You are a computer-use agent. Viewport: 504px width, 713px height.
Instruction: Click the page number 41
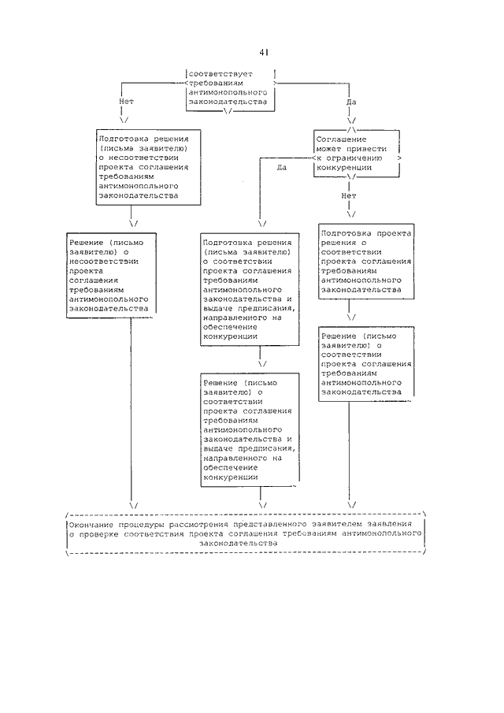coord(264,52)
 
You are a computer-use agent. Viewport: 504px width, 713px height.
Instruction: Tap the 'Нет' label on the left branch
coord(126,102)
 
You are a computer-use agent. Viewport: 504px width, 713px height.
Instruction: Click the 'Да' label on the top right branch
coord(351,102)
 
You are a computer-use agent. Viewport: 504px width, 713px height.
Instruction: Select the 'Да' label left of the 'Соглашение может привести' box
coord(282,167)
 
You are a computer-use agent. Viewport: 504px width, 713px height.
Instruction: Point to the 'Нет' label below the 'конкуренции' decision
coord(349,195)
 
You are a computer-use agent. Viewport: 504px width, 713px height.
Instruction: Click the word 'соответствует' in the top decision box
coord(220,74)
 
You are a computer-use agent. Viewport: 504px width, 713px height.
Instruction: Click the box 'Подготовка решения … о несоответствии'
coord(148,167)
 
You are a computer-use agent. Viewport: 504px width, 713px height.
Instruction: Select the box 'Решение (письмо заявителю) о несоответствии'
coord(111,275)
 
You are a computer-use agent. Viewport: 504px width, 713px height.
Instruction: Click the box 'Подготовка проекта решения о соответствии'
coord(366,261)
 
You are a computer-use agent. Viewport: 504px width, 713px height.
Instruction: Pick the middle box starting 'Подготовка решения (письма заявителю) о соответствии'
coord(250,289)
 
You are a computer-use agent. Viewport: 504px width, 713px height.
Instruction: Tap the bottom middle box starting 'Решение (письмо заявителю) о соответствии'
coord(250,429)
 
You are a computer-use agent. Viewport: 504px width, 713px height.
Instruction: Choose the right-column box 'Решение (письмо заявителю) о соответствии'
coord(366,364)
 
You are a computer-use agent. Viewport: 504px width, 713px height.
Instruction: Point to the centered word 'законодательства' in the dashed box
coord(238,544)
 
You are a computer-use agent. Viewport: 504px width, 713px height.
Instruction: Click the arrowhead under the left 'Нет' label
coord(124,120)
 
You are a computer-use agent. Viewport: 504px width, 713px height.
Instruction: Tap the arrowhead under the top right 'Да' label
coord(351,121)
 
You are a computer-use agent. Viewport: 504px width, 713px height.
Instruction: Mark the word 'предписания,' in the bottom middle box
coord(266,448)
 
